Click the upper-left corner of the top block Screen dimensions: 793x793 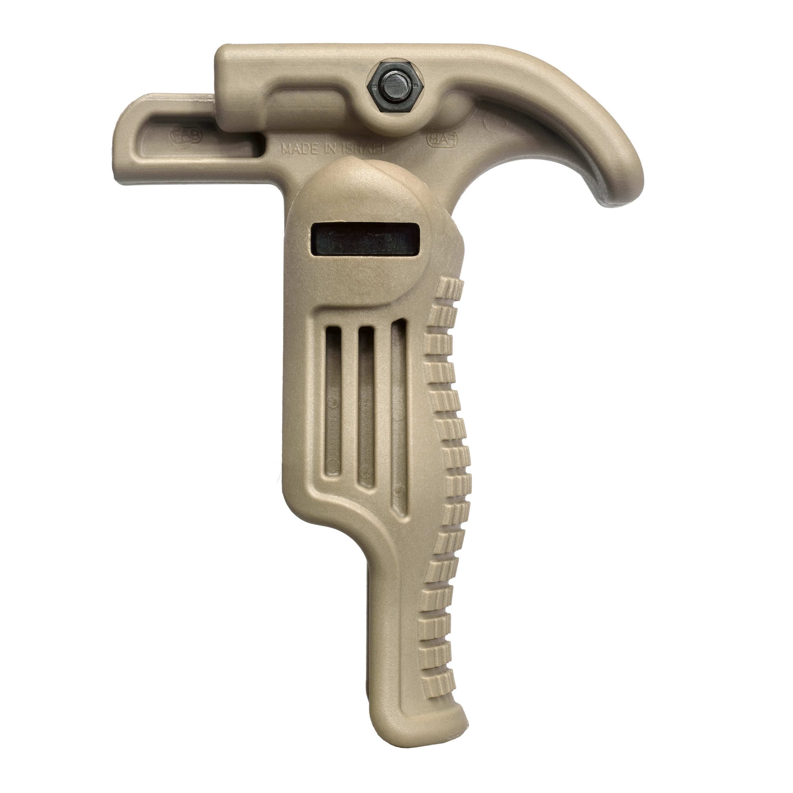click(x=222, y=51)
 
